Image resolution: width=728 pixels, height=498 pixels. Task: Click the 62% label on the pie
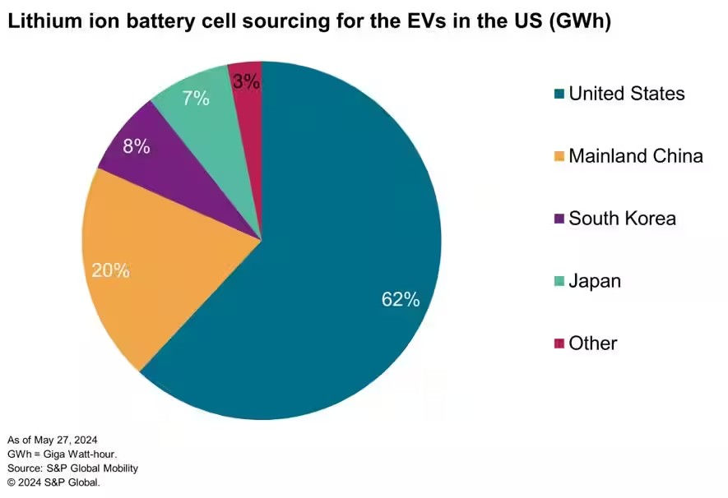[x=401, y=300]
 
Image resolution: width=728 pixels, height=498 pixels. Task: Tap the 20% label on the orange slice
[x=110, y=270]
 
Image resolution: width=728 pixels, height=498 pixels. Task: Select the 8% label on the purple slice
[x=136, y=146]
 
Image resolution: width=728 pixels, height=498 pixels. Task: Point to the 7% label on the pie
[x=196, y=99]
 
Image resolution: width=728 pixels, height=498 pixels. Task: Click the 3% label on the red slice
[x=246, y=81]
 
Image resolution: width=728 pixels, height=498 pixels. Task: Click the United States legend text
[x=626, y=94]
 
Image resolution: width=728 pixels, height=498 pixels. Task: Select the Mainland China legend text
[x=635, y=155]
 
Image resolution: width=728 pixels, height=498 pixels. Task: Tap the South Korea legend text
[x=622, y=218]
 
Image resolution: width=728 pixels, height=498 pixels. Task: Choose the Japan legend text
[x=594, y=280]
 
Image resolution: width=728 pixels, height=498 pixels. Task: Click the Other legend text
[x=592, y=343]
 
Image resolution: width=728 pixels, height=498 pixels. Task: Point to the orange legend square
[x=559, y=156]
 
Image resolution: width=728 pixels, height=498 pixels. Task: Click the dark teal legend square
[x=559, y=94]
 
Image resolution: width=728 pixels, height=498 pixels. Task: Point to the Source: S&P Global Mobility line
[x=72, y=468]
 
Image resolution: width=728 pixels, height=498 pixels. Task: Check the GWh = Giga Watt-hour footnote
[x=62, y=454]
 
